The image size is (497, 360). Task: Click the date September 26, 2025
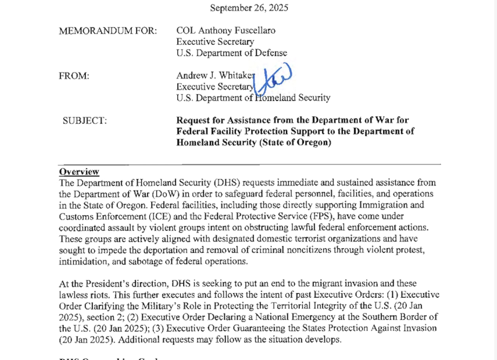[x=249, y=8]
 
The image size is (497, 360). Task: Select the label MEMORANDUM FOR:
[x=108, y=31]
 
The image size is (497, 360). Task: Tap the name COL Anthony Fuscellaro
[x=226, y=31]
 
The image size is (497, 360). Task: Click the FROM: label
[x=74, y=76]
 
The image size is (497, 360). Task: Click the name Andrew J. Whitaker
[x=215, y=76]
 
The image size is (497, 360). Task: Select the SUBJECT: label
[x=85, y=121]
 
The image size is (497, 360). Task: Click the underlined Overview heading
[x=79, y=172]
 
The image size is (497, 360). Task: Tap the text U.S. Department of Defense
[x=232, y=53]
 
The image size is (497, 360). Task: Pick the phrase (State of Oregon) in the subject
[x=294, y=143]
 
